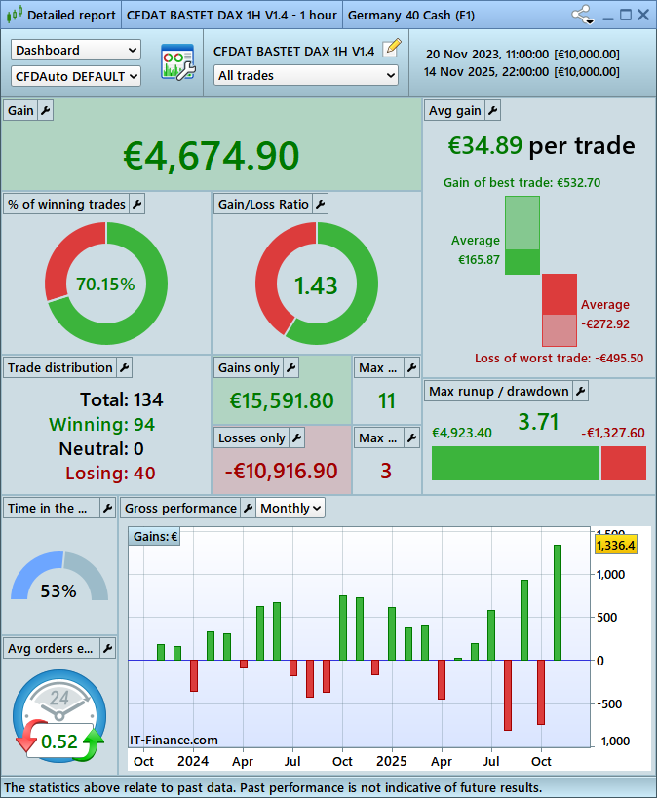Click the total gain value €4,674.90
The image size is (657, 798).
coord(212,156)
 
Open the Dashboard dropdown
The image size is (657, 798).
coord(76,50)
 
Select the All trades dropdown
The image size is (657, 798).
coord(306,75)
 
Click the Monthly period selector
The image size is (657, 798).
coord(290,508)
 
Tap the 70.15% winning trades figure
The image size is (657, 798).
coord(105,285)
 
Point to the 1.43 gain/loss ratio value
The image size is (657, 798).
coord(316,285)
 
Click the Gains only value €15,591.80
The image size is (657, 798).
coord(282,400)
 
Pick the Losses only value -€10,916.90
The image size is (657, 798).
coord(282,471)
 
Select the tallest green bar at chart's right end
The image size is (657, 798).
coord(558,602)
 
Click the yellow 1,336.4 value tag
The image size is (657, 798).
coord(615,545)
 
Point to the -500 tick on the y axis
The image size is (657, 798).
coord(610,703)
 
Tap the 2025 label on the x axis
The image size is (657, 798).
coord(392,761)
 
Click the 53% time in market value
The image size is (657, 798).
coord(58,590)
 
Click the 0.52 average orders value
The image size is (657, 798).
coord(59,741)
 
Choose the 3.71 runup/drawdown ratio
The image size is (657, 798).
coord(538,422)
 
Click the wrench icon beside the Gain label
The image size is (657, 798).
coord(46,111)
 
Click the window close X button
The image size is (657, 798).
coord(643,15)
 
